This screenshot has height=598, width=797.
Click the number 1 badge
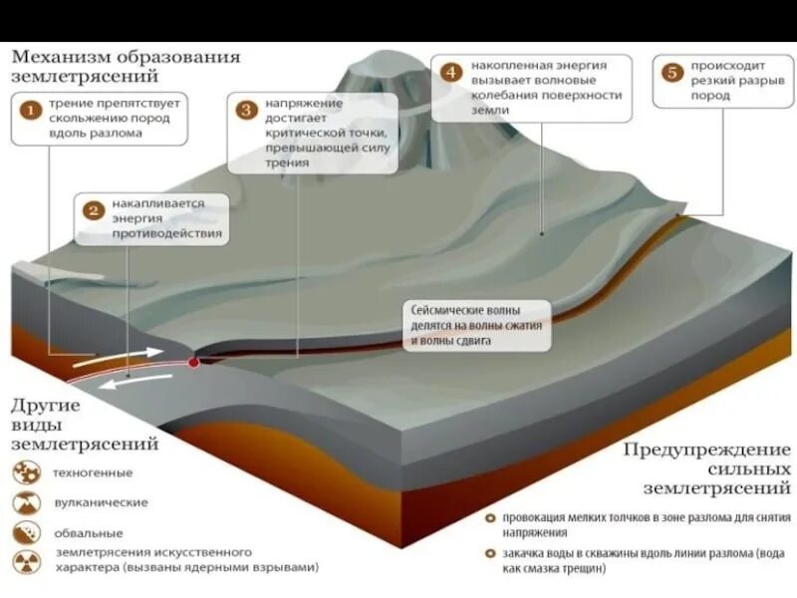tap(32, 111)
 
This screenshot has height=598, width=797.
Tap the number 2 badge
tap(94, 210)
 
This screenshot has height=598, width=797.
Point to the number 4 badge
tap(452, 72)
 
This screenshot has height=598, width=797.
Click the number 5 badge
tap(672, 72)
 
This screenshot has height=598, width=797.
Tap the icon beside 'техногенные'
tap(27, 472)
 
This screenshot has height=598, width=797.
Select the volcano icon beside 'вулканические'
tap(27, 502)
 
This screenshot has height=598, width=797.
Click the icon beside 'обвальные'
tap(27, 533)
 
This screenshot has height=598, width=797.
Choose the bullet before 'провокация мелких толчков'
tap(490, 518)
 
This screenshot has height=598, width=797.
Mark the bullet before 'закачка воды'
tap(490, 553)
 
